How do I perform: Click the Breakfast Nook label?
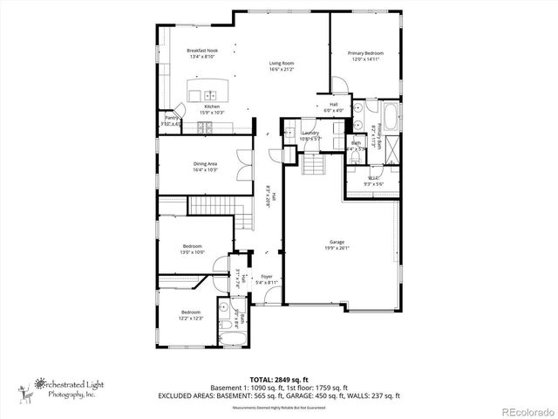click(x=201, y=51)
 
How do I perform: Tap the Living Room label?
click(x=281, y=63)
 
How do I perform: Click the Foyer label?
click(x=266, y=277)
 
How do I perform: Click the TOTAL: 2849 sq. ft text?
click(x=278, y=380)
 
